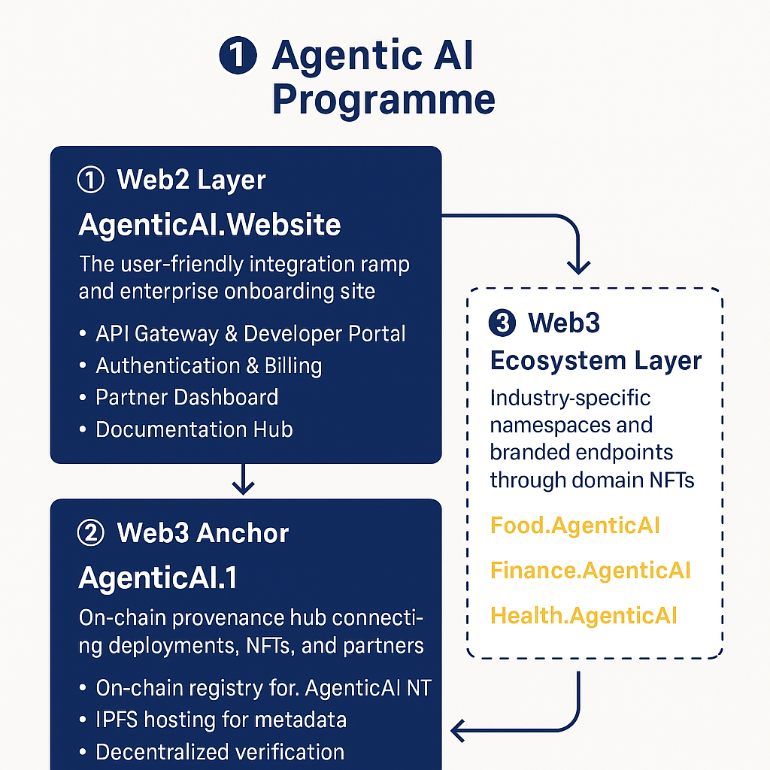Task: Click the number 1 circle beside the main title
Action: point(238,57)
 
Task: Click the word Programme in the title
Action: point(383,100)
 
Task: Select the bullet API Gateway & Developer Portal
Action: point(250,334)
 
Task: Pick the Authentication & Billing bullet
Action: point(208,365)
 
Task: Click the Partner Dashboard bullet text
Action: point(186,397)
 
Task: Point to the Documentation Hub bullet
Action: point(194,429)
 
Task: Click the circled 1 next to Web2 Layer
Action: point(91,180)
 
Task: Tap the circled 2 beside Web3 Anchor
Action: point(91,533)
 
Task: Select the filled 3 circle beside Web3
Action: point(502,323)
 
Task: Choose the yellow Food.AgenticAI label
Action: point(574,525)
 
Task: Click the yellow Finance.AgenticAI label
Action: point(590,570)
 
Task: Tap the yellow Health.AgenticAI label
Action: point(584,616)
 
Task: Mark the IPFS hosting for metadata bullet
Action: point(221,720)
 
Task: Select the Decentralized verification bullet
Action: point(220,751)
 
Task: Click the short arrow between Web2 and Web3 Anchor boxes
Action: point(243,480)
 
